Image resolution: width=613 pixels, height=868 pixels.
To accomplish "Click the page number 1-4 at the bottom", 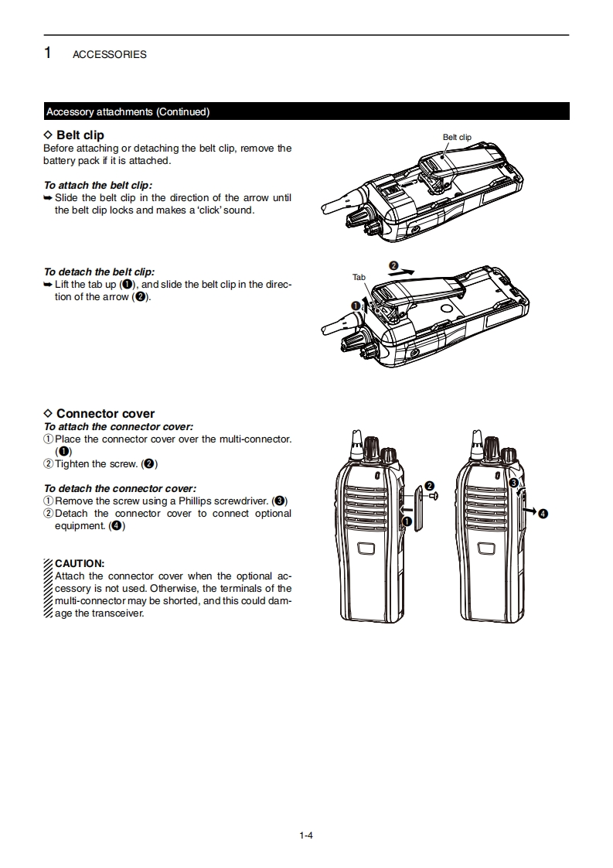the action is click(306, 835).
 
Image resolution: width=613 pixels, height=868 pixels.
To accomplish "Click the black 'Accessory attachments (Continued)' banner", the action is click(306, 111).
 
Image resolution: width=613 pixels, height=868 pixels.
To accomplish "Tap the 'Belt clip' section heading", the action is click(80, 135).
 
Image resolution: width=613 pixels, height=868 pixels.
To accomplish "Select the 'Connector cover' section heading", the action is click(105, 414).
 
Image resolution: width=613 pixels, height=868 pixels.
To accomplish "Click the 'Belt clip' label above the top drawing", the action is click(457, 137).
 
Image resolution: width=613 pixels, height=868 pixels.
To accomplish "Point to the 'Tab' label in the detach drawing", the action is click(359, 277).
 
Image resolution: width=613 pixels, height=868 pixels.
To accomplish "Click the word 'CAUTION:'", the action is click(80, 563).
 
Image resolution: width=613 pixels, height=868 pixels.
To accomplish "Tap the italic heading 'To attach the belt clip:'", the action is click(98, 186).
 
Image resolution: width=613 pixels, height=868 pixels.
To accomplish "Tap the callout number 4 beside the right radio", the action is click(543, 514).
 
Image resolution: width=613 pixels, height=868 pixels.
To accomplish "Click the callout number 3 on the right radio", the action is click(513, 483).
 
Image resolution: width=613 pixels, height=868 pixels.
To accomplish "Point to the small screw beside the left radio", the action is click(434, 496).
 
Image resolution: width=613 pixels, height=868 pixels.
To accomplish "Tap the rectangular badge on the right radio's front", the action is click(486, 548).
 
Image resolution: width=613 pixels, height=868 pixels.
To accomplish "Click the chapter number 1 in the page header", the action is click(48, 53).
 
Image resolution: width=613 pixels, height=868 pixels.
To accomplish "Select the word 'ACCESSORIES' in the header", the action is click(109, 55).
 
